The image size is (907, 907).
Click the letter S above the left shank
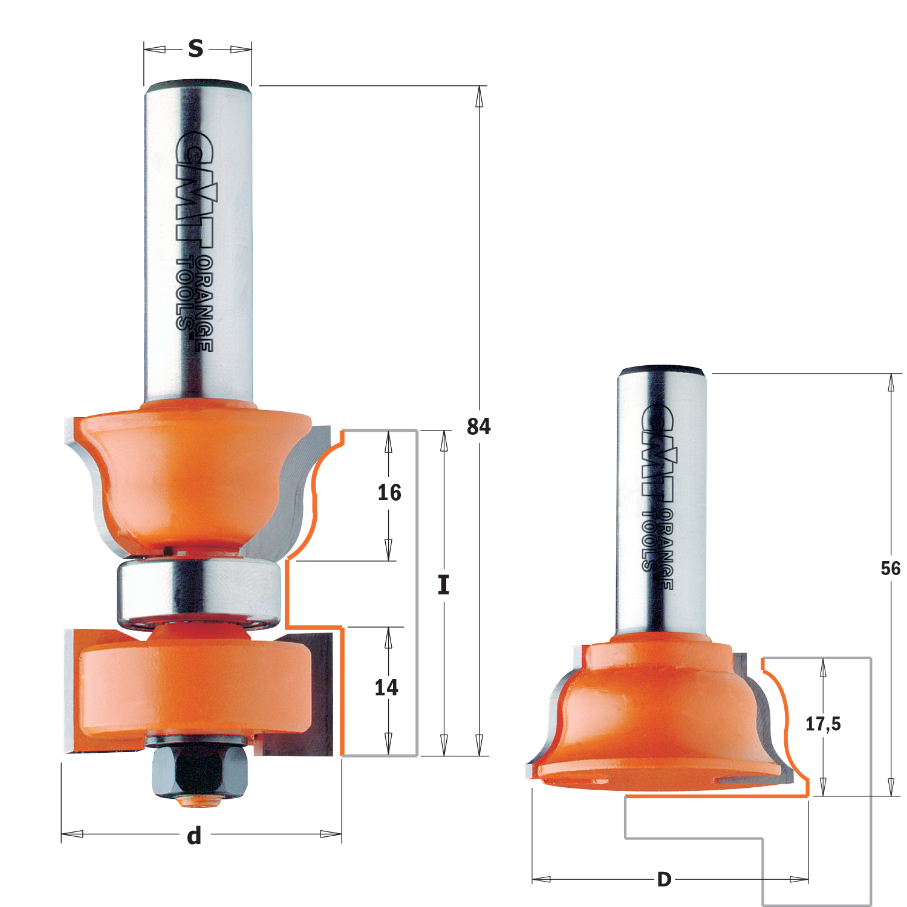(195, 48)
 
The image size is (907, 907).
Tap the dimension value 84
(479, 427)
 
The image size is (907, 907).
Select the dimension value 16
(389, 493)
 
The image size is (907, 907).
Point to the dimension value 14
(386, 688)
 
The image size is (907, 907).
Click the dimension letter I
(444, 585)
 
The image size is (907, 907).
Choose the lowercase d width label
(194, 836)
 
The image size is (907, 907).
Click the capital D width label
(664, 879)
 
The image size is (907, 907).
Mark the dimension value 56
(890, 568)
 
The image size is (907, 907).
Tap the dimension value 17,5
(823, 724)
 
